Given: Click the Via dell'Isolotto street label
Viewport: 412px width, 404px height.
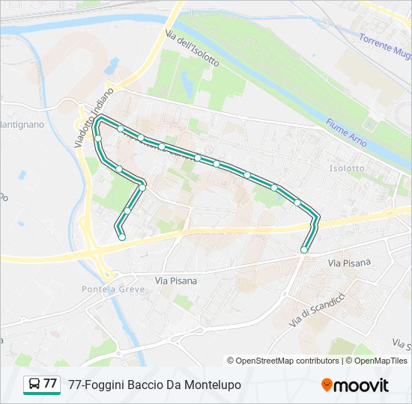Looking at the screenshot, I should click(192, 49).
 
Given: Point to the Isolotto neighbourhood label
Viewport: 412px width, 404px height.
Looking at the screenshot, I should click(347, 168).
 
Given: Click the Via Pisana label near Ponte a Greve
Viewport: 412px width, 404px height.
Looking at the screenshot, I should click(176, 281).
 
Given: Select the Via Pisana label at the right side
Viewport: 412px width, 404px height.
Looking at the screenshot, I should click(350, 263).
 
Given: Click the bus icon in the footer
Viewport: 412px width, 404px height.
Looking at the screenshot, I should click(34, 385).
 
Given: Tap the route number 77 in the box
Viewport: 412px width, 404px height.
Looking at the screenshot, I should click(50, 384).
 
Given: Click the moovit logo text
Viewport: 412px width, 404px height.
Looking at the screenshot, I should click(361, 385).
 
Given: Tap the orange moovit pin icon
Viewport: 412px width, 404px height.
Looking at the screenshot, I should click(326, 385).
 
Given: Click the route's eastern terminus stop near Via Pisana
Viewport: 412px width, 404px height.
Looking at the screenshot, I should click(304, 249).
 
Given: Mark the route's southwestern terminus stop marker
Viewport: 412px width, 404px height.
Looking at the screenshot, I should click(121, 237).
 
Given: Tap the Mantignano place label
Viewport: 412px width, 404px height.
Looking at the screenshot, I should click(22, 124).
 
